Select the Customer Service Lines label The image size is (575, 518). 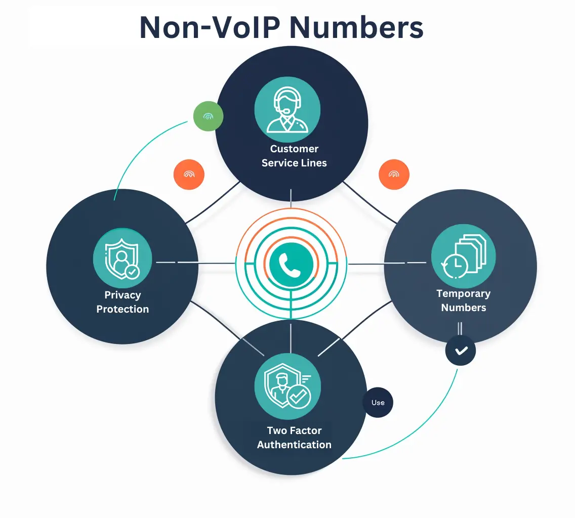(294, 156)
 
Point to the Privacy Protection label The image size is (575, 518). (122, 302)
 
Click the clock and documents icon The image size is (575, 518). (463, 257)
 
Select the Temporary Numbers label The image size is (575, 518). (463, 300)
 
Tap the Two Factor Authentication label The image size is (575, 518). (294, 438)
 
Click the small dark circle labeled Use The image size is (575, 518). (378, 403)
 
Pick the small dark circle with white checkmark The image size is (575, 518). (461, 350)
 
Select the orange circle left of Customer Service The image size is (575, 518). (189, 175)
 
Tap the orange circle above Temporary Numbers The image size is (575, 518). (394, 175)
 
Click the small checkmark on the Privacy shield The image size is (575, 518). (133, 272)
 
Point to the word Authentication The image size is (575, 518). (294, 445)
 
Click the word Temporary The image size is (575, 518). (463, 293)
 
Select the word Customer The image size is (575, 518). (294, 149)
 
